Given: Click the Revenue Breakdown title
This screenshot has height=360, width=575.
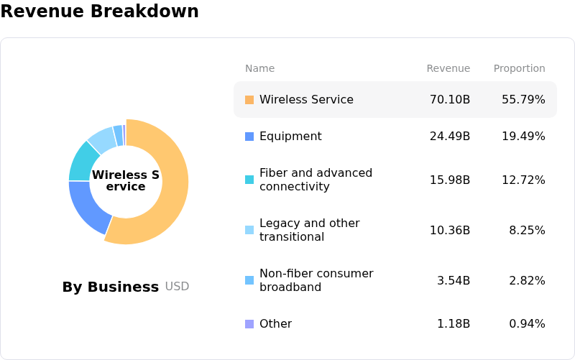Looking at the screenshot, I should pyautogui.click(x=99, y=11).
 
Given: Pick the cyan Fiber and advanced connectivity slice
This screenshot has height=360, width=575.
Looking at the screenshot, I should pyautogui.click(x=81, y=161).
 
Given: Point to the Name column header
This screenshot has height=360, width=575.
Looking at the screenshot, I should pyautogui.click(x=259, y=68).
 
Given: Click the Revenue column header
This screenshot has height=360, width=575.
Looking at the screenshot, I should pyautogui.click(x=448, y=68).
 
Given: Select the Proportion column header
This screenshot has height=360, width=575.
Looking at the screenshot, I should pyautogui.click(x=519, y=68).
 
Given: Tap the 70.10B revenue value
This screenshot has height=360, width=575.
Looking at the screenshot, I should pyautogui.click(x=450, y=99).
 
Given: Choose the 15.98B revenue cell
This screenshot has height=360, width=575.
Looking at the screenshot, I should pyautogui.click(x=450, y=180).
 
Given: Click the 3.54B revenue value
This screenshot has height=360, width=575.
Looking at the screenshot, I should pyautogui.click(x=454, y=280).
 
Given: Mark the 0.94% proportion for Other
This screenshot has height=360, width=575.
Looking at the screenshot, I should pyautogui.click(x=527, y=323).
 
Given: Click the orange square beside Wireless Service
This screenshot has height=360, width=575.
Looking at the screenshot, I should pyautogui.click(x=249, y=100).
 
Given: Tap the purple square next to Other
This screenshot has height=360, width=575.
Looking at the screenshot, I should pyautogui.click(x=249, y=324).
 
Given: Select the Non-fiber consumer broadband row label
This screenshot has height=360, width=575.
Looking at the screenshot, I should pyautogui.click(x=316, y=280).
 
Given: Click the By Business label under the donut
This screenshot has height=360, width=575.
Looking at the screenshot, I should pyautogui.click(x=110, y=287).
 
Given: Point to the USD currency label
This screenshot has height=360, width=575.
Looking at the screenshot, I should pyautogui.click(x=177, y=287).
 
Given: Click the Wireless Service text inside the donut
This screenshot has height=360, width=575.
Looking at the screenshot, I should pyautogui.click(x=126, y=181).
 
